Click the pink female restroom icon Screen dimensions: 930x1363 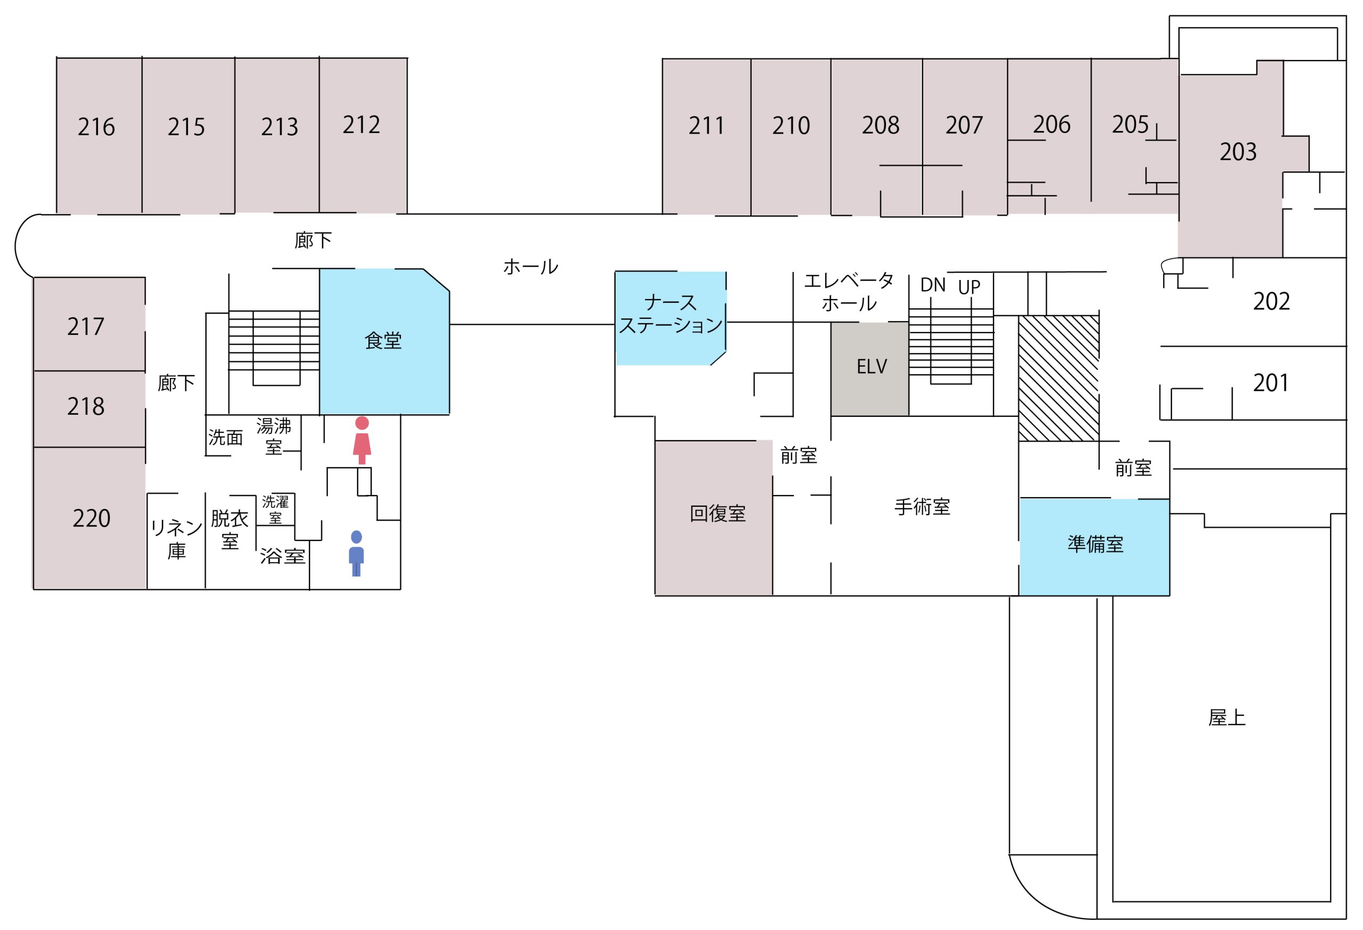362,440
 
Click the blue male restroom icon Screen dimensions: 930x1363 356,554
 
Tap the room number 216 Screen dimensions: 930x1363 96,127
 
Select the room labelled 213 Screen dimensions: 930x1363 279,127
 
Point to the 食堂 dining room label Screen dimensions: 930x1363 383,341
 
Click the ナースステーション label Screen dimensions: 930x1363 670,314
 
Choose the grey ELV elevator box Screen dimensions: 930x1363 871,368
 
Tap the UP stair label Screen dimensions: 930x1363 969,287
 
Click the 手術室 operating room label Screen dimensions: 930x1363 922,507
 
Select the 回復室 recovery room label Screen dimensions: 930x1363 717,514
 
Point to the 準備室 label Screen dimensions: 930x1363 1095,544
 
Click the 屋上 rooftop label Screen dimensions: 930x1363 1226,718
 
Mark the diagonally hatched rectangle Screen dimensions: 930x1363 1058,378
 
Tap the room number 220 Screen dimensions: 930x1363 92,519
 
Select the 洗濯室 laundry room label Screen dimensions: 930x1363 275,509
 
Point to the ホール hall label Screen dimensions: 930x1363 530,267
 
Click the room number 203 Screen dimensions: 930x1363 1238,152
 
